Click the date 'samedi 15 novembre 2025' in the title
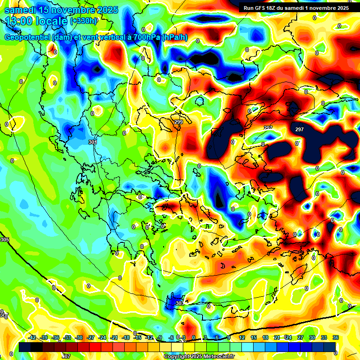61,10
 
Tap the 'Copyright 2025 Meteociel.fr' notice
199,356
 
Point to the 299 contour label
178,122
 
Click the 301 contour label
92,142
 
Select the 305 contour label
5,240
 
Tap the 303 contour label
180,303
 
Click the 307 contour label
66,356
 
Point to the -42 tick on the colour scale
32,337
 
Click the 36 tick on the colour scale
336,337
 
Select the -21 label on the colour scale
114,337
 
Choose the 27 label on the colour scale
300,337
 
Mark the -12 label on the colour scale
149,337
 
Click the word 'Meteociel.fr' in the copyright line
217,356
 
